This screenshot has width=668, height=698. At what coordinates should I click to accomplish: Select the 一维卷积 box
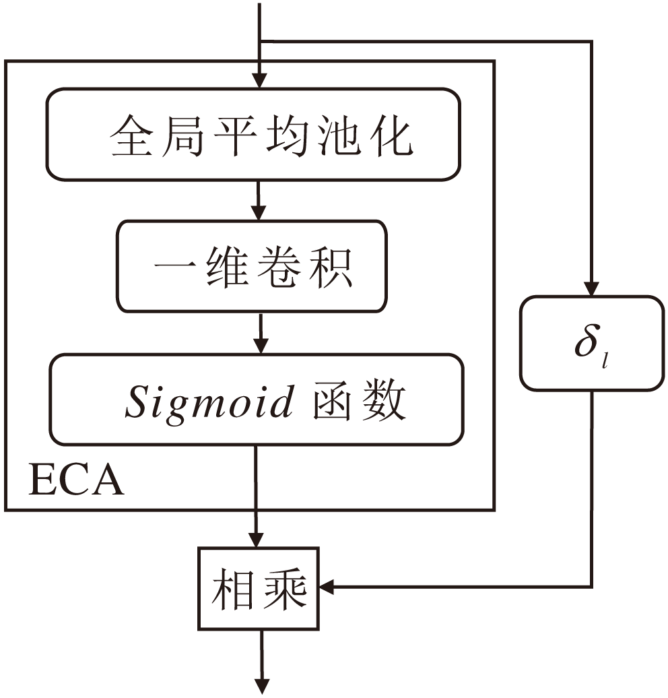(253, 267)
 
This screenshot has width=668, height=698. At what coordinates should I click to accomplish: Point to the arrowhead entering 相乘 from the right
(329, 588)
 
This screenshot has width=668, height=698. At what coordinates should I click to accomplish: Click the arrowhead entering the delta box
(591, 288)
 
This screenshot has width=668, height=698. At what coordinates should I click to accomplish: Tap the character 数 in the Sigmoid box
(386, 402)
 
